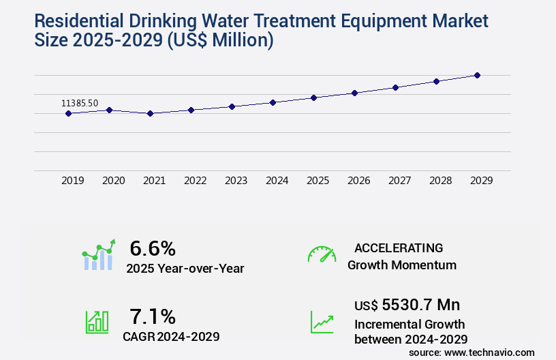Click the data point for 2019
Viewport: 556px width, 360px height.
(68, 113)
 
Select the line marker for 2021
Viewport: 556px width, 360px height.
(150, 113)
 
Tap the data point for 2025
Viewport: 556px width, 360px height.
(313, 97)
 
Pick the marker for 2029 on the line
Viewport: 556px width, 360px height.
(477, 75)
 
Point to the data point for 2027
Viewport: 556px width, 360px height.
(395, 87)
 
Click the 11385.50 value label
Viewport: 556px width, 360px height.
(80, 103)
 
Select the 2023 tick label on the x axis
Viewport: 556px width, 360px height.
(236, 181)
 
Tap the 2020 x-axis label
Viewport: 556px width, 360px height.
(113, 181)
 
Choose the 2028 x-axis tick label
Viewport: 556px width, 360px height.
(440, 181)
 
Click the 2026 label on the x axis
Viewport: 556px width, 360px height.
(358, 181)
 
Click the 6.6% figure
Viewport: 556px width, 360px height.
(153, 248)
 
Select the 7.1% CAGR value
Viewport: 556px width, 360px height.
(153, 316)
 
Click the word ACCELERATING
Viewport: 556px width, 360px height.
(399, 248)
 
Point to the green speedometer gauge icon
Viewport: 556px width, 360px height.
(322, 254)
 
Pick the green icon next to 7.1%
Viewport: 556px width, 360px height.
(97, 322)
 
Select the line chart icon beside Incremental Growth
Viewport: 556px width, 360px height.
(322, 322)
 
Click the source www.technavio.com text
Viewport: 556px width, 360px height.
(472, 352)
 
